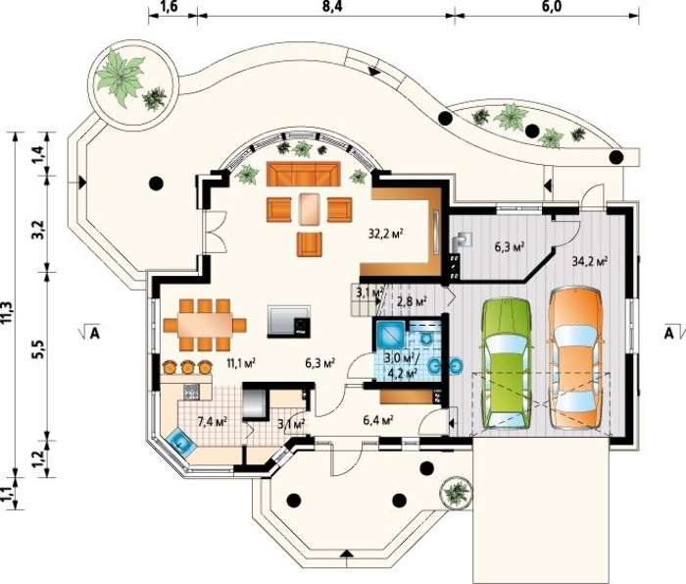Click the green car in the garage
507,363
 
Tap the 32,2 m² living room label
385,233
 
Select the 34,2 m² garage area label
590,261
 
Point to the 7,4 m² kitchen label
212,422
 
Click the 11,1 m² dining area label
241,362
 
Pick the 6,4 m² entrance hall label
378,420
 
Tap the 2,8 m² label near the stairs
412,301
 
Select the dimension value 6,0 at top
551,7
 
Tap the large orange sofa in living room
304,174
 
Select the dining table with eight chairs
205,325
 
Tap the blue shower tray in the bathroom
388,335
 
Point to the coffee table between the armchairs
310,208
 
